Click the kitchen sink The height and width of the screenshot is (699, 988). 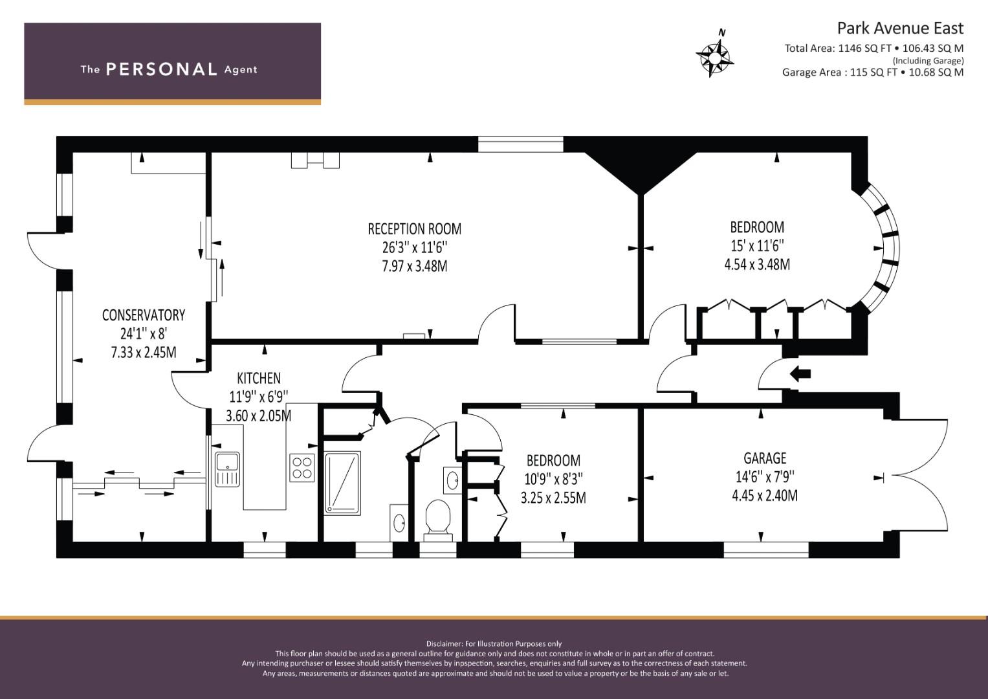228,469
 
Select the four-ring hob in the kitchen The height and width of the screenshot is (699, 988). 302,468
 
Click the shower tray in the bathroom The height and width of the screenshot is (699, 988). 343,483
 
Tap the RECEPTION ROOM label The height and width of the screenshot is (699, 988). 415,229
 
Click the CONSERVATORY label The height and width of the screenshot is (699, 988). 144,315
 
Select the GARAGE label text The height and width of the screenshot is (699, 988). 765,458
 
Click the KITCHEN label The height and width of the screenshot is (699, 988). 258,378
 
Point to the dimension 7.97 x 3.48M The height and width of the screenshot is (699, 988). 415,267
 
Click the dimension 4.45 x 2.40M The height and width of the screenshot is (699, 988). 765,496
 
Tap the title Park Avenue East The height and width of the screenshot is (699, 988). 900,28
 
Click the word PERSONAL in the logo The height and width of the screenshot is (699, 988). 162,69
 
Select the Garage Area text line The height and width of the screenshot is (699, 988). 873,72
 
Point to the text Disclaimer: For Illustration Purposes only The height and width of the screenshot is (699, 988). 494,644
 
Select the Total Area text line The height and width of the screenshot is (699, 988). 873,49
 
